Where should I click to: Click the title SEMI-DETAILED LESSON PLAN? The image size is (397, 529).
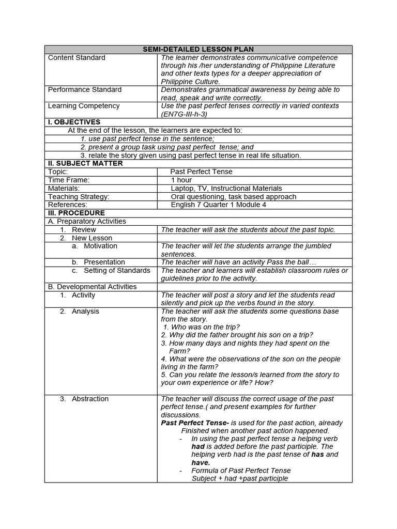pos(198,49)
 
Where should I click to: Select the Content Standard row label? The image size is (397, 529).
pos(77,57)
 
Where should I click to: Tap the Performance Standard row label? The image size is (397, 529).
pos(85,89)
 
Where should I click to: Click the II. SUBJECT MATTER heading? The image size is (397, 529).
pos(85,163)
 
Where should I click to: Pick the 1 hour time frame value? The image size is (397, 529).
pos(181,180)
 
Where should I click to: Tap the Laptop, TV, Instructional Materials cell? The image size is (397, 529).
pos(226,188)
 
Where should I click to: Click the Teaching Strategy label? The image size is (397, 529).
pos(79,196)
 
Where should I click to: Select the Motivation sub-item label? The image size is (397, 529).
pos(100,246)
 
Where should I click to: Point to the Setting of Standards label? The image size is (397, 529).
pos(117,270)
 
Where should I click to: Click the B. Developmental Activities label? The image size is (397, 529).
pos(92,286)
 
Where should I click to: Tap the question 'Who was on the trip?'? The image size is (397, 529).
pos(201,327)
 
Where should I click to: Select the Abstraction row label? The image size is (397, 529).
pos(90,399)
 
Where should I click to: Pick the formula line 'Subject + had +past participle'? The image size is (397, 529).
pos(239,478)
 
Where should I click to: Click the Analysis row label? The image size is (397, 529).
pos(85,311)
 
